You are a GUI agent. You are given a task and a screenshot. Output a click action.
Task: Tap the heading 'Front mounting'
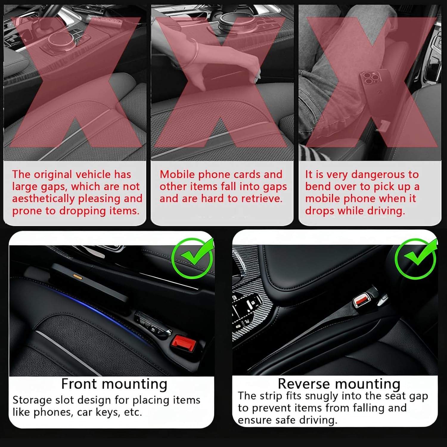point(114,384)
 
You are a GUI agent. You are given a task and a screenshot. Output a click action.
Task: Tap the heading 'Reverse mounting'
point(339,384)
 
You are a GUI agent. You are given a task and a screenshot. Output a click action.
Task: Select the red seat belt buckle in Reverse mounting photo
point(361,299)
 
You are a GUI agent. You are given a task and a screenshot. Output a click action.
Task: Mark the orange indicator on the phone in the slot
point(77,276)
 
